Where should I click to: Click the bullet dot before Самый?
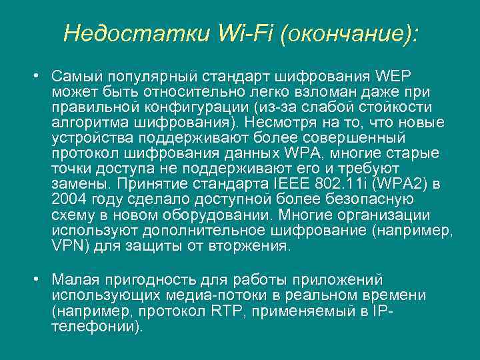tap(39, 74)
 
